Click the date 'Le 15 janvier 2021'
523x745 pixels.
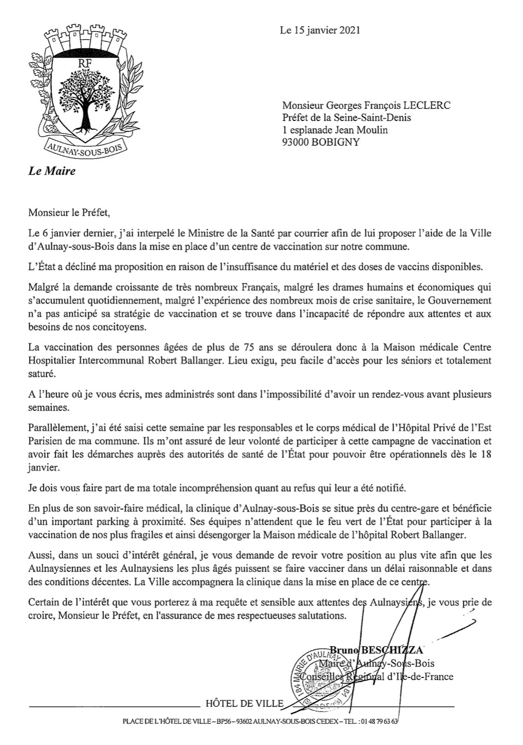[x=320, y=30]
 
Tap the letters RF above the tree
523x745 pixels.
[x=84, y=64]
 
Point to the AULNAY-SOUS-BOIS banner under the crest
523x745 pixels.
[x=86, y=147]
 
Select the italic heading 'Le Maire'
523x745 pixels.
[x=52, y=172]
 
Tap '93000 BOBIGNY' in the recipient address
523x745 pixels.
[x=321, y=142]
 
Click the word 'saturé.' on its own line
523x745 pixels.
[x=42, y=374]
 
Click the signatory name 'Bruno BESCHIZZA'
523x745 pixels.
[x=375, y=650]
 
